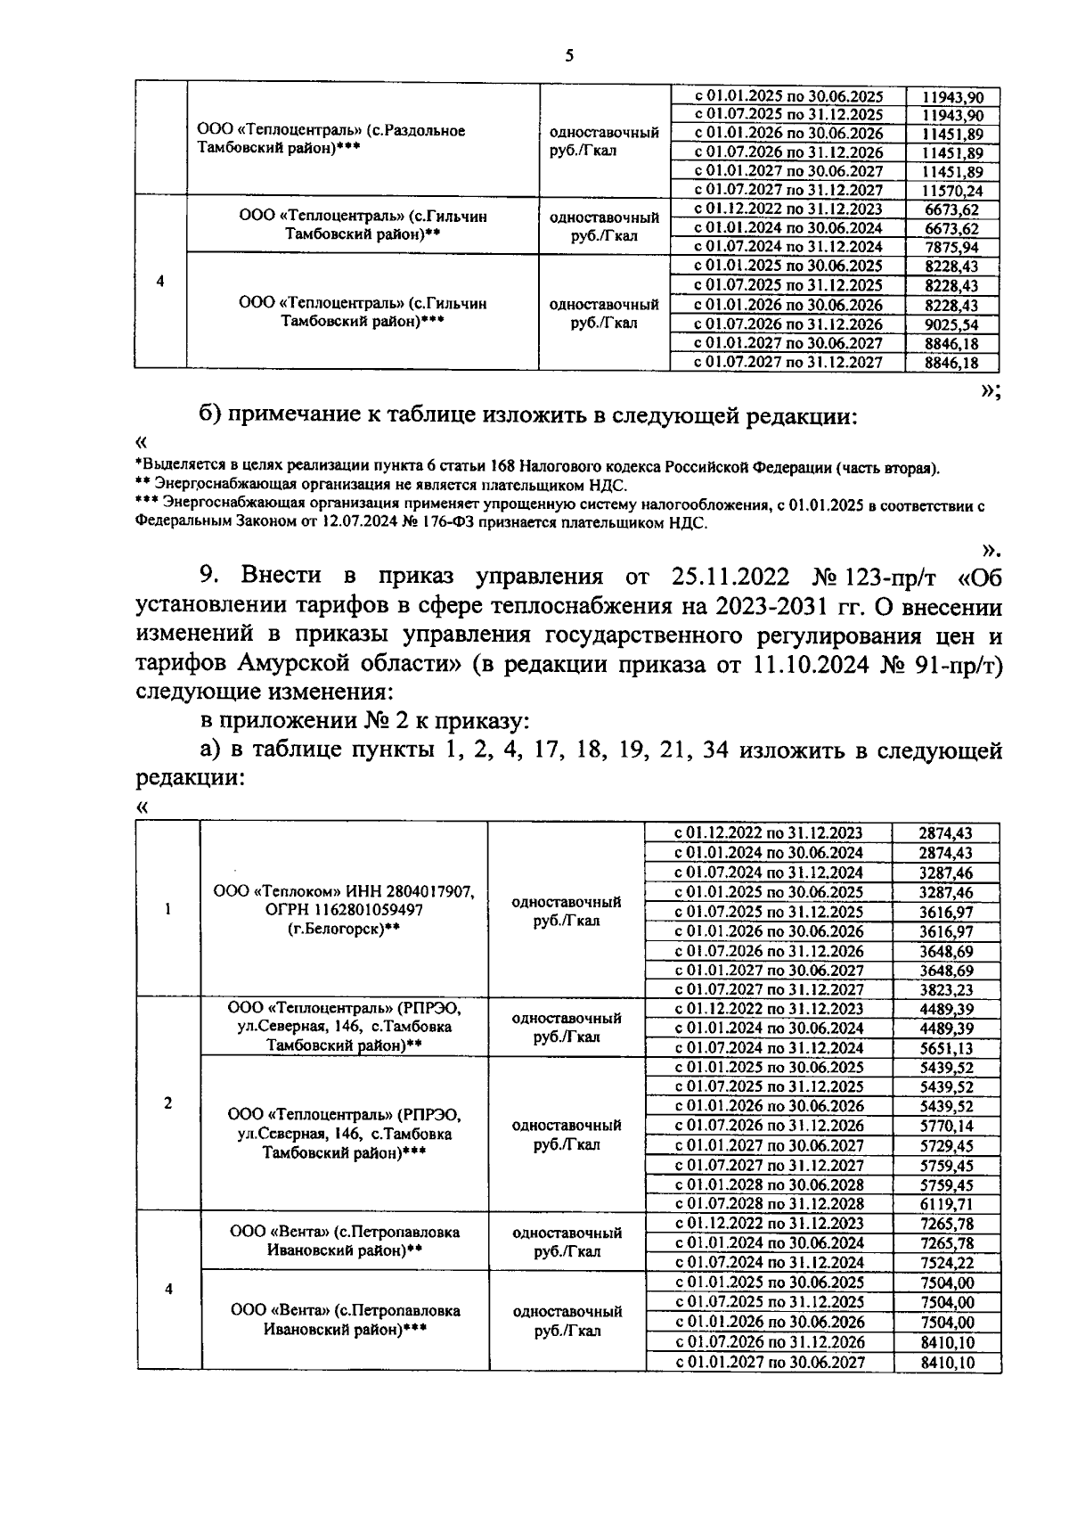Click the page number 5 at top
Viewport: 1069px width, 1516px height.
coord(569,56)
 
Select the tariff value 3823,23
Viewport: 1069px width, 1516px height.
coord(946,989)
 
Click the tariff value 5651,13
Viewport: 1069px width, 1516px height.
coord(946,1048)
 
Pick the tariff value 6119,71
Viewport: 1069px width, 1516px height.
coord(946,1203)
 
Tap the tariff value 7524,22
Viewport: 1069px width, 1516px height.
coord(946,1263)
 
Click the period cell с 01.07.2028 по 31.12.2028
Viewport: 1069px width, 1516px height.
coord(769,1203)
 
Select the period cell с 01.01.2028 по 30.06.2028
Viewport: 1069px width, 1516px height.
coord(769,1184)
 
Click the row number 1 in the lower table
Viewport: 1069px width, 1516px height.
coord(168,909)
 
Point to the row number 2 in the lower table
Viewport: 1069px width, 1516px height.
coord(168,1103)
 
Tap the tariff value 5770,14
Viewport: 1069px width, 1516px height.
coord(946,1126)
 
